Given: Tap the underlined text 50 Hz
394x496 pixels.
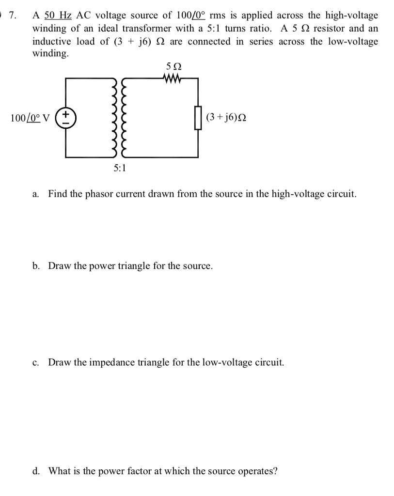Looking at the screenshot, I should coord(58,15).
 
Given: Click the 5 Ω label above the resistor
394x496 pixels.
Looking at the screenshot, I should coord(173,66).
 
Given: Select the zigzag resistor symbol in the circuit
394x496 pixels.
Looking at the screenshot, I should coord(173,78).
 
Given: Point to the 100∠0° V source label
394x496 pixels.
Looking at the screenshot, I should coord(30,118).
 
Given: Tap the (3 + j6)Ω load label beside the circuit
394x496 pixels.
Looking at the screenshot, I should coord(225,117).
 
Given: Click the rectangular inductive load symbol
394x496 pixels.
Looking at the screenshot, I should coord(197,118).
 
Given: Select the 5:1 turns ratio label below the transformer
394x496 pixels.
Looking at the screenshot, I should coord(119,169).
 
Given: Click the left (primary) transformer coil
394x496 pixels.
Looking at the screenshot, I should coord(114,118).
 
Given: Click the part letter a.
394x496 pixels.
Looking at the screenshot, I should coord(36,194).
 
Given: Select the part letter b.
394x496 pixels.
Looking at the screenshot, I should coord(36,266).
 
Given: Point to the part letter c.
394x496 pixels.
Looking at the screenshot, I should coord(36,362).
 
